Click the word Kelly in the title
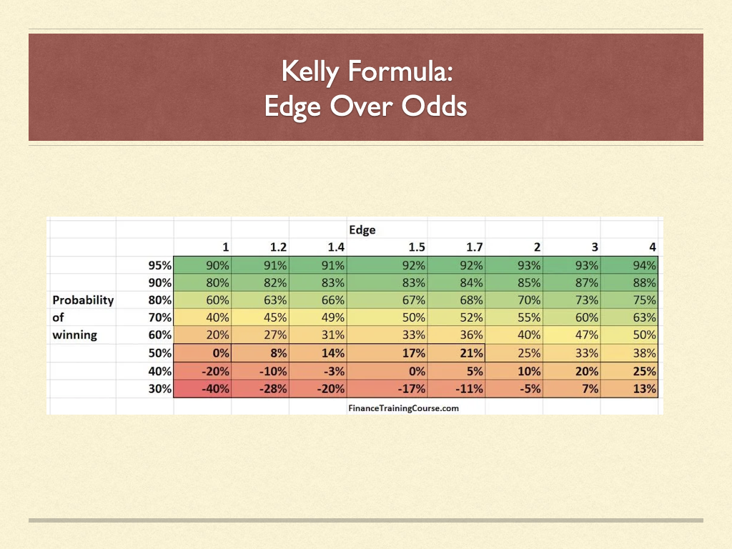click(310, 72)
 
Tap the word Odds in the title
click(434, 106)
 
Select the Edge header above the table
click(362, 229)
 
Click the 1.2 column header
click(278, 247)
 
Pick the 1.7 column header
click(475, 247)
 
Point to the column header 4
click(653, 247)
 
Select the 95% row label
click(160, 265)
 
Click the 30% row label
click(160, 388)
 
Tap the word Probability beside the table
click(83, 300)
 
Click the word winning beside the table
click(74, 335)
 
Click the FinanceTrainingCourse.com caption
click(403, 408)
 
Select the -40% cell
click(215, 388)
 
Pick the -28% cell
click(273, 388)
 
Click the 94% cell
click(645, 265)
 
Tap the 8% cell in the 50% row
click(279, 353)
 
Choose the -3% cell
click(333, 371)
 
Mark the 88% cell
click(645, 282)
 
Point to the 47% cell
click(587, 335)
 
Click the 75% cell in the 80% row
click(645, 300)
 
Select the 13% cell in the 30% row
click(645, 388)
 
